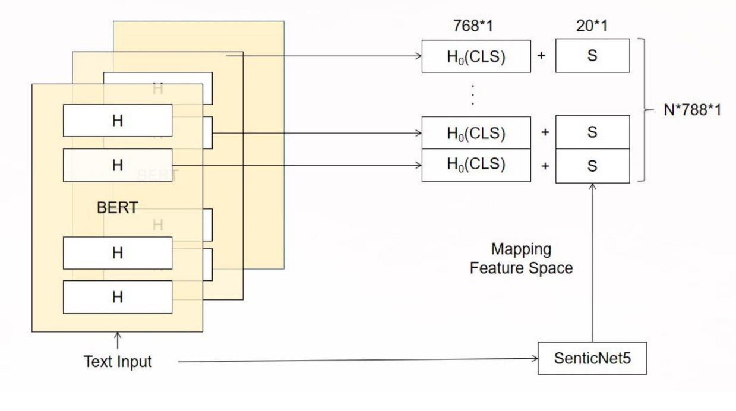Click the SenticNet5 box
pyautogui.click(x=592, y=358)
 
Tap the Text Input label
pyautogui.click(x=118, y=361)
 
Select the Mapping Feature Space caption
pyautogui.click(x=521, y=258)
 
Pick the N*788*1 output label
pyautogui.click(x=693, y=110)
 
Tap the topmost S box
pyautogui.click(x=592, y=56)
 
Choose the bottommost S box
pyautogui.click(x=592, y=166)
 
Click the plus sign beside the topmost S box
pyautogui.click(x=542, y=56)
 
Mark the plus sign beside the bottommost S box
pyautogui.click(x=544, y=166)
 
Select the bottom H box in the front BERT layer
pyautogui.click(x=118, y=297)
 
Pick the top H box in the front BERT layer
pyautogui.click(x=118, y=121)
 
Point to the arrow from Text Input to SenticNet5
pyautogui.click(x=356, y=359)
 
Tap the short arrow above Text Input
pyautogui.click(x=118, y=341)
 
